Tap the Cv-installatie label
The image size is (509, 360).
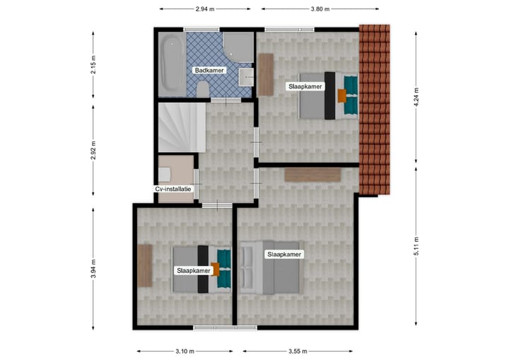click(x=173, y=189)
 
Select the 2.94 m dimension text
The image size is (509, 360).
click(x=205, y=9)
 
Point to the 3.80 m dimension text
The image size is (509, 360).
click(x=321, y=9)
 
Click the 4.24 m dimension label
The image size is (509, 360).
click(x=416, y=95)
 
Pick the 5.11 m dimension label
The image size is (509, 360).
click(x=416, y=245)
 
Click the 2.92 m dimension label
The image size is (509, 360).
click(x=93, y=151)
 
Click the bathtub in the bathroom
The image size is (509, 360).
click(x=170, y=63)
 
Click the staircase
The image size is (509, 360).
click(x=181, y=127)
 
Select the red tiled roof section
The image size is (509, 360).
click(x=374, y=110)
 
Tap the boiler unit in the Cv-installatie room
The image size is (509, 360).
click(x=165, y=174)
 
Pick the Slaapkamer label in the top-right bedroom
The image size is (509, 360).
click(x=305, y=86)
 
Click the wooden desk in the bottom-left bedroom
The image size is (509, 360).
click(x=145, y=265)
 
